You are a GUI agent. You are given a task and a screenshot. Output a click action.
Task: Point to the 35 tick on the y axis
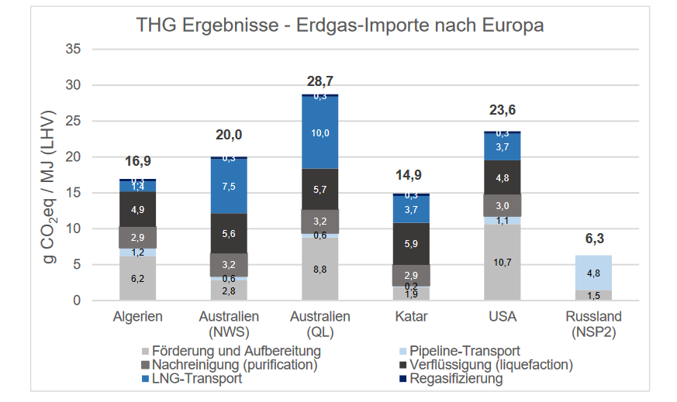[72, 49]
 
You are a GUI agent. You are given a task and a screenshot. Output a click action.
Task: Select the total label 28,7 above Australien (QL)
[320, 81]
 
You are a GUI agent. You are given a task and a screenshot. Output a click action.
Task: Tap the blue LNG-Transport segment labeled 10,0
[320, 133]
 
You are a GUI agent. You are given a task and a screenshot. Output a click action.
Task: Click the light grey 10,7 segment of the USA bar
[502, 263]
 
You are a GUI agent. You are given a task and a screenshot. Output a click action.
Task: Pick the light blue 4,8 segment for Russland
[593, 273]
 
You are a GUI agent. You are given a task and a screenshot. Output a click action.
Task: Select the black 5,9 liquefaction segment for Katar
[411, 244]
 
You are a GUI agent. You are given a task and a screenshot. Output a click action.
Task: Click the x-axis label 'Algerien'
[137, 317]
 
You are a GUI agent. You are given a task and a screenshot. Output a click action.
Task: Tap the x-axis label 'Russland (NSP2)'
[593, 324]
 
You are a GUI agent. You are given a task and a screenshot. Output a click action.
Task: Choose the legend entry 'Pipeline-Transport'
[465, 351]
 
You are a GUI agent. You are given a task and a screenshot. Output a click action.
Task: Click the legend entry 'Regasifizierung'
[455, 379]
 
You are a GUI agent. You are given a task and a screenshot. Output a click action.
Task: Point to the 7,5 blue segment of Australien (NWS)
[229, 186]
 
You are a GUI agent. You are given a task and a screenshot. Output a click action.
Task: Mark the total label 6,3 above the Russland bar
[593, 239]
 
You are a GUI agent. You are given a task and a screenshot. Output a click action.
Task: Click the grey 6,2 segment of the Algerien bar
[137, 278]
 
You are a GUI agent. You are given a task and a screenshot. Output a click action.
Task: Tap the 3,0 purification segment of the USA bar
[502, 205]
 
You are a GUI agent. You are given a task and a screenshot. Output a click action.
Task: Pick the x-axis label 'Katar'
[411, 317]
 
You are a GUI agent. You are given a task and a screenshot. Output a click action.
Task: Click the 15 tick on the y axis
[72, 193]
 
